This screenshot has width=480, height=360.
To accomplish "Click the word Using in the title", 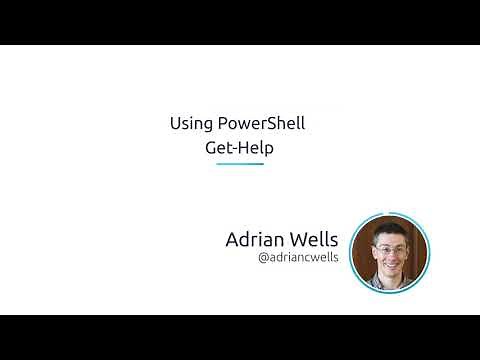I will tap(189, 125).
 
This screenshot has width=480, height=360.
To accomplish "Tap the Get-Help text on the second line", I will tap(240, 147).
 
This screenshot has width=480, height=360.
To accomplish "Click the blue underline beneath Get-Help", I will tap(240, 163).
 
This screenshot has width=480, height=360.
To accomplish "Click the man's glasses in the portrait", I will tap(388, 243).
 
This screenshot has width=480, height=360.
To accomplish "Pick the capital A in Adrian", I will tap(234, 240).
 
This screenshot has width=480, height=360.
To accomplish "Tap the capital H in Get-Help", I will tap(246, 147).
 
